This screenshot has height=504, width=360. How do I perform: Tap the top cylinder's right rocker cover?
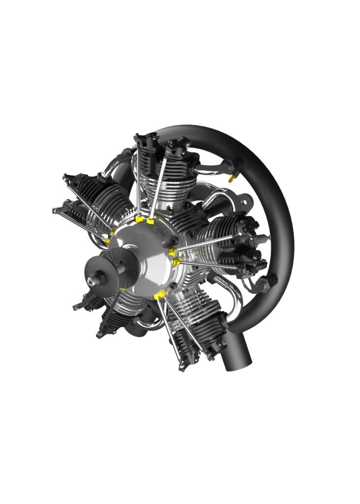(179, 146)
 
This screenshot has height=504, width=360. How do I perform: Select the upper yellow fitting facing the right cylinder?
(173, 252)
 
